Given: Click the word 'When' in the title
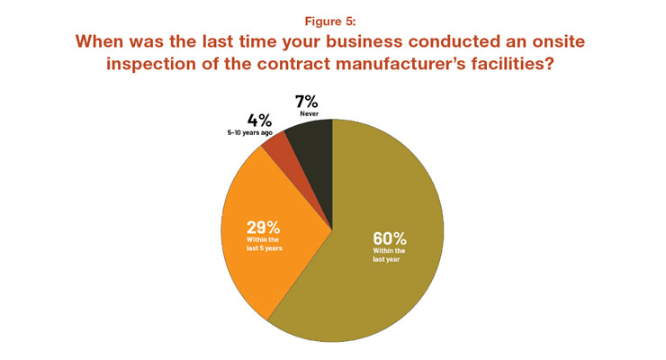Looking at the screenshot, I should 103,42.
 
